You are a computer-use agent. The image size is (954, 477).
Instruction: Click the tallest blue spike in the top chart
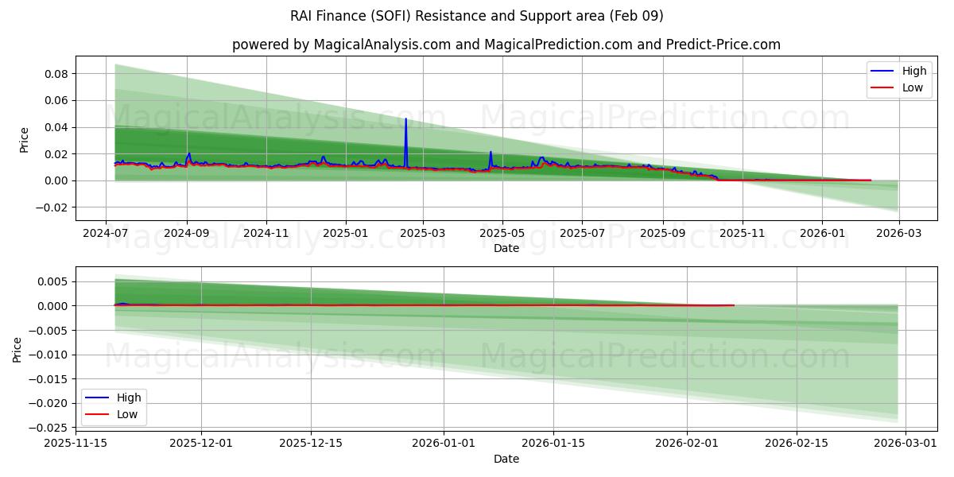coord(406,119)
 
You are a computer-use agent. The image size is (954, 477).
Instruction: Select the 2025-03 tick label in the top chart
coord(423,235)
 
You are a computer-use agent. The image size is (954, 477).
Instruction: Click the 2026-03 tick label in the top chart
coord(898,235)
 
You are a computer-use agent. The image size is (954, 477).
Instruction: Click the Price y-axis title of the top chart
coord(24,140)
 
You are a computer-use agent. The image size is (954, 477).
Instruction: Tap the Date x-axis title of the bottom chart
coord(506,459)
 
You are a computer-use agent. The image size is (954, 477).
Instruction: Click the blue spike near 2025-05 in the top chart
coord(491,152)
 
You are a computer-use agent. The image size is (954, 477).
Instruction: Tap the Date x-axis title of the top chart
coord(506,248)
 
